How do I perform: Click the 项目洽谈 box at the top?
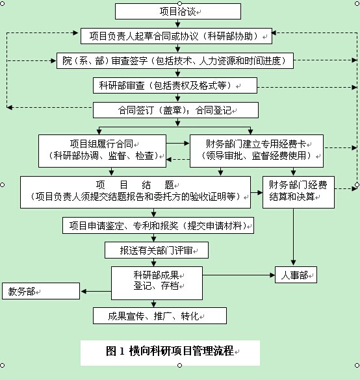pyautogui.click(x=178, y=12)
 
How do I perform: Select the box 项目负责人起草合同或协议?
pyautogui.click(x=176, y=36)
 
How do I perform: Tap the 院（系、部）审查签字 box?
pyautogui.click(x=175, y=60)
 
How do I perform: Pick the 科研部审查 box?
pyautogui.click(x=175, y=85)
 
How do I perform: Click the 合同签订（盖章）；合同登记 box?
pyautogui.click(x=175, y=110)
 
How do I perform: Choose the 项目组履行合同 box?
pyautogui.click(x=102, y=151)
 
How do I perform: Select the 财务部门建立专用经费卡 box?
pyautogui.click(x=257, y=151)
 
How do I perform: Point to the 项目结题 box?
pyautogui.click(x=136, y=192)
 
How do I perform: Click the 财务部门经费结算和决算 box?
pyautogui.click(x=298, y=192)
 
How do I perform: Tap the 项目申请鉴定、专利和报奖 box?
pyautogui.click(x=158, y=225)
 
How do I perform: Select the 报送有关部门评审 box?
pyautogui.click(x=157, y=250)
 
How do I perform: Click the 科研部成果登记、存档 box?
pyautogui.click(x=157, y=283)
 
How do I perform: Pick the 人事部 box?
pyautogui.click(x=296, y=275)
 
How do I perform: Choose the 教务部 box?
pyautogui.click(x=41, y=291)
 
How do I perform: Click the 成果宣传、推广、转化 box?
pyautogui.click(x=160, y=316)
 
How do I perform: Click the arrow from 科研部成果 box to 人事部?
pyautogui.click(x=238, y=275)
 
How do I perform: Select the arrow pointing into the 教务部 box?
pyautogui.click(x=96, y=291)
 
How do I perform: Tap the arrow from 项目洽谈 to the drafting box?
pyautogui.click(x=178, y=23)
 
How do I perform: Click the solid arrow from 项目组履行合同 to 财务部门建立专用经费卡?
pyautogui.click(x=178, y=144)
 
